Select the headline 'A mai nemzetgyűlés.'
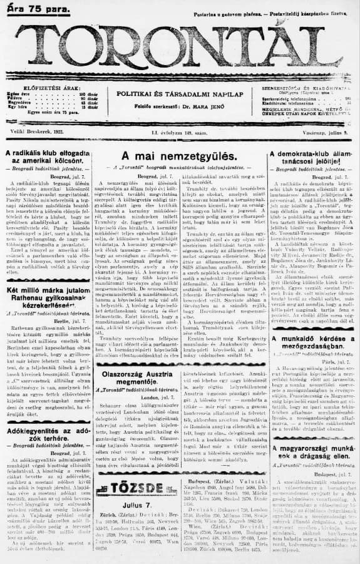tap(179, 156)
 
